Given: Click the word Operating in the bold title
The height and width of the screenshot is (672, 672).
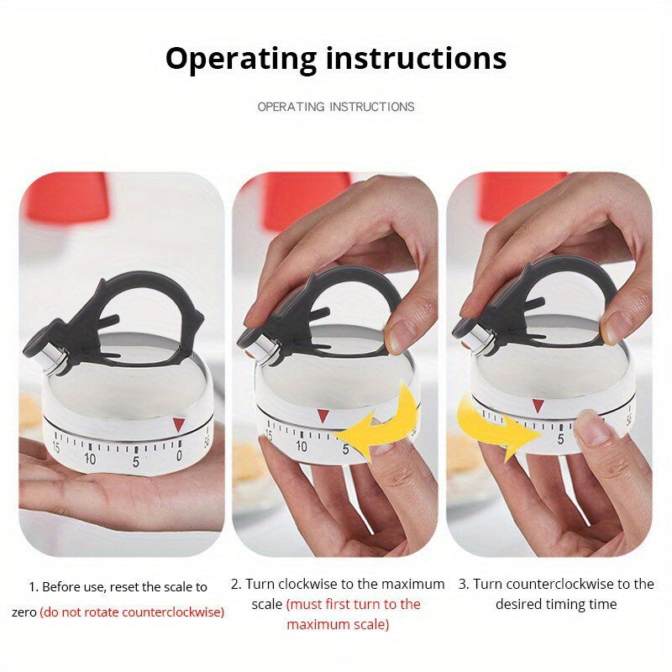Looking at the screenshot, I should pos(239,59).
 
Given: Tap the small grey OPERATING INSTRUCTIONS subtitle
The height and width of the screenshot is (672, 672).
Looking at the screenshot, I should pos(336,107).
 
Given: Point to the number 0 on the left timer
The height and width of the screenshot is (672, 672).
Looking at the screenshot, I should pos(179,455).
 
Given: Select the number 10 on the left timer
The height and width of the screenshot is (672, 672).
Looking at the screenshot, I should pos(90,458).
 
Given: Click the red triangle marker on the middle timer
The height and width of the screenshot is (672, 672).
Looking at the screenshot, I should pos(323,415).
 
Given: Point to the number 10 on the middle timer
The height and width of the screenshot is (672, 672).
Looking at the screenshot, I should pos(302,446).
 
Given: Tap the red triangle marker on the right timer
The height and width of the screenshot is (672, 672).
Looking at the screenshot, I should pos(538,406).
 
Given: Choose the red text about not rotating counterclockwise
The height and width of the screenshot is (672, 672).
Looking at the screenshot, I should pos(132,612).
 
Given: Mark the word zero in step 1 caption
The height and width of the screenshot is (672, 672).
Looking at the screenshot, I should pos(24,612).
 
